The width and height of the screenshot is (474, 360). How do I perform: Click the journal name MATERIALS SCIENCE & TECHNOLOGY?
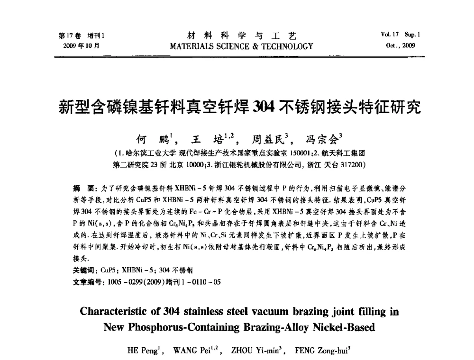[237, 46]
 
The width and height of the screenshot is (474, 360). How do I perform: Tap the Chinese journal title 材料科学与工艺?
[237, 36]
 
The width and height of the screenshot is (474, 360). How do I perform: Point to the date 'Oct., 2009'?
[401, 46]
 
